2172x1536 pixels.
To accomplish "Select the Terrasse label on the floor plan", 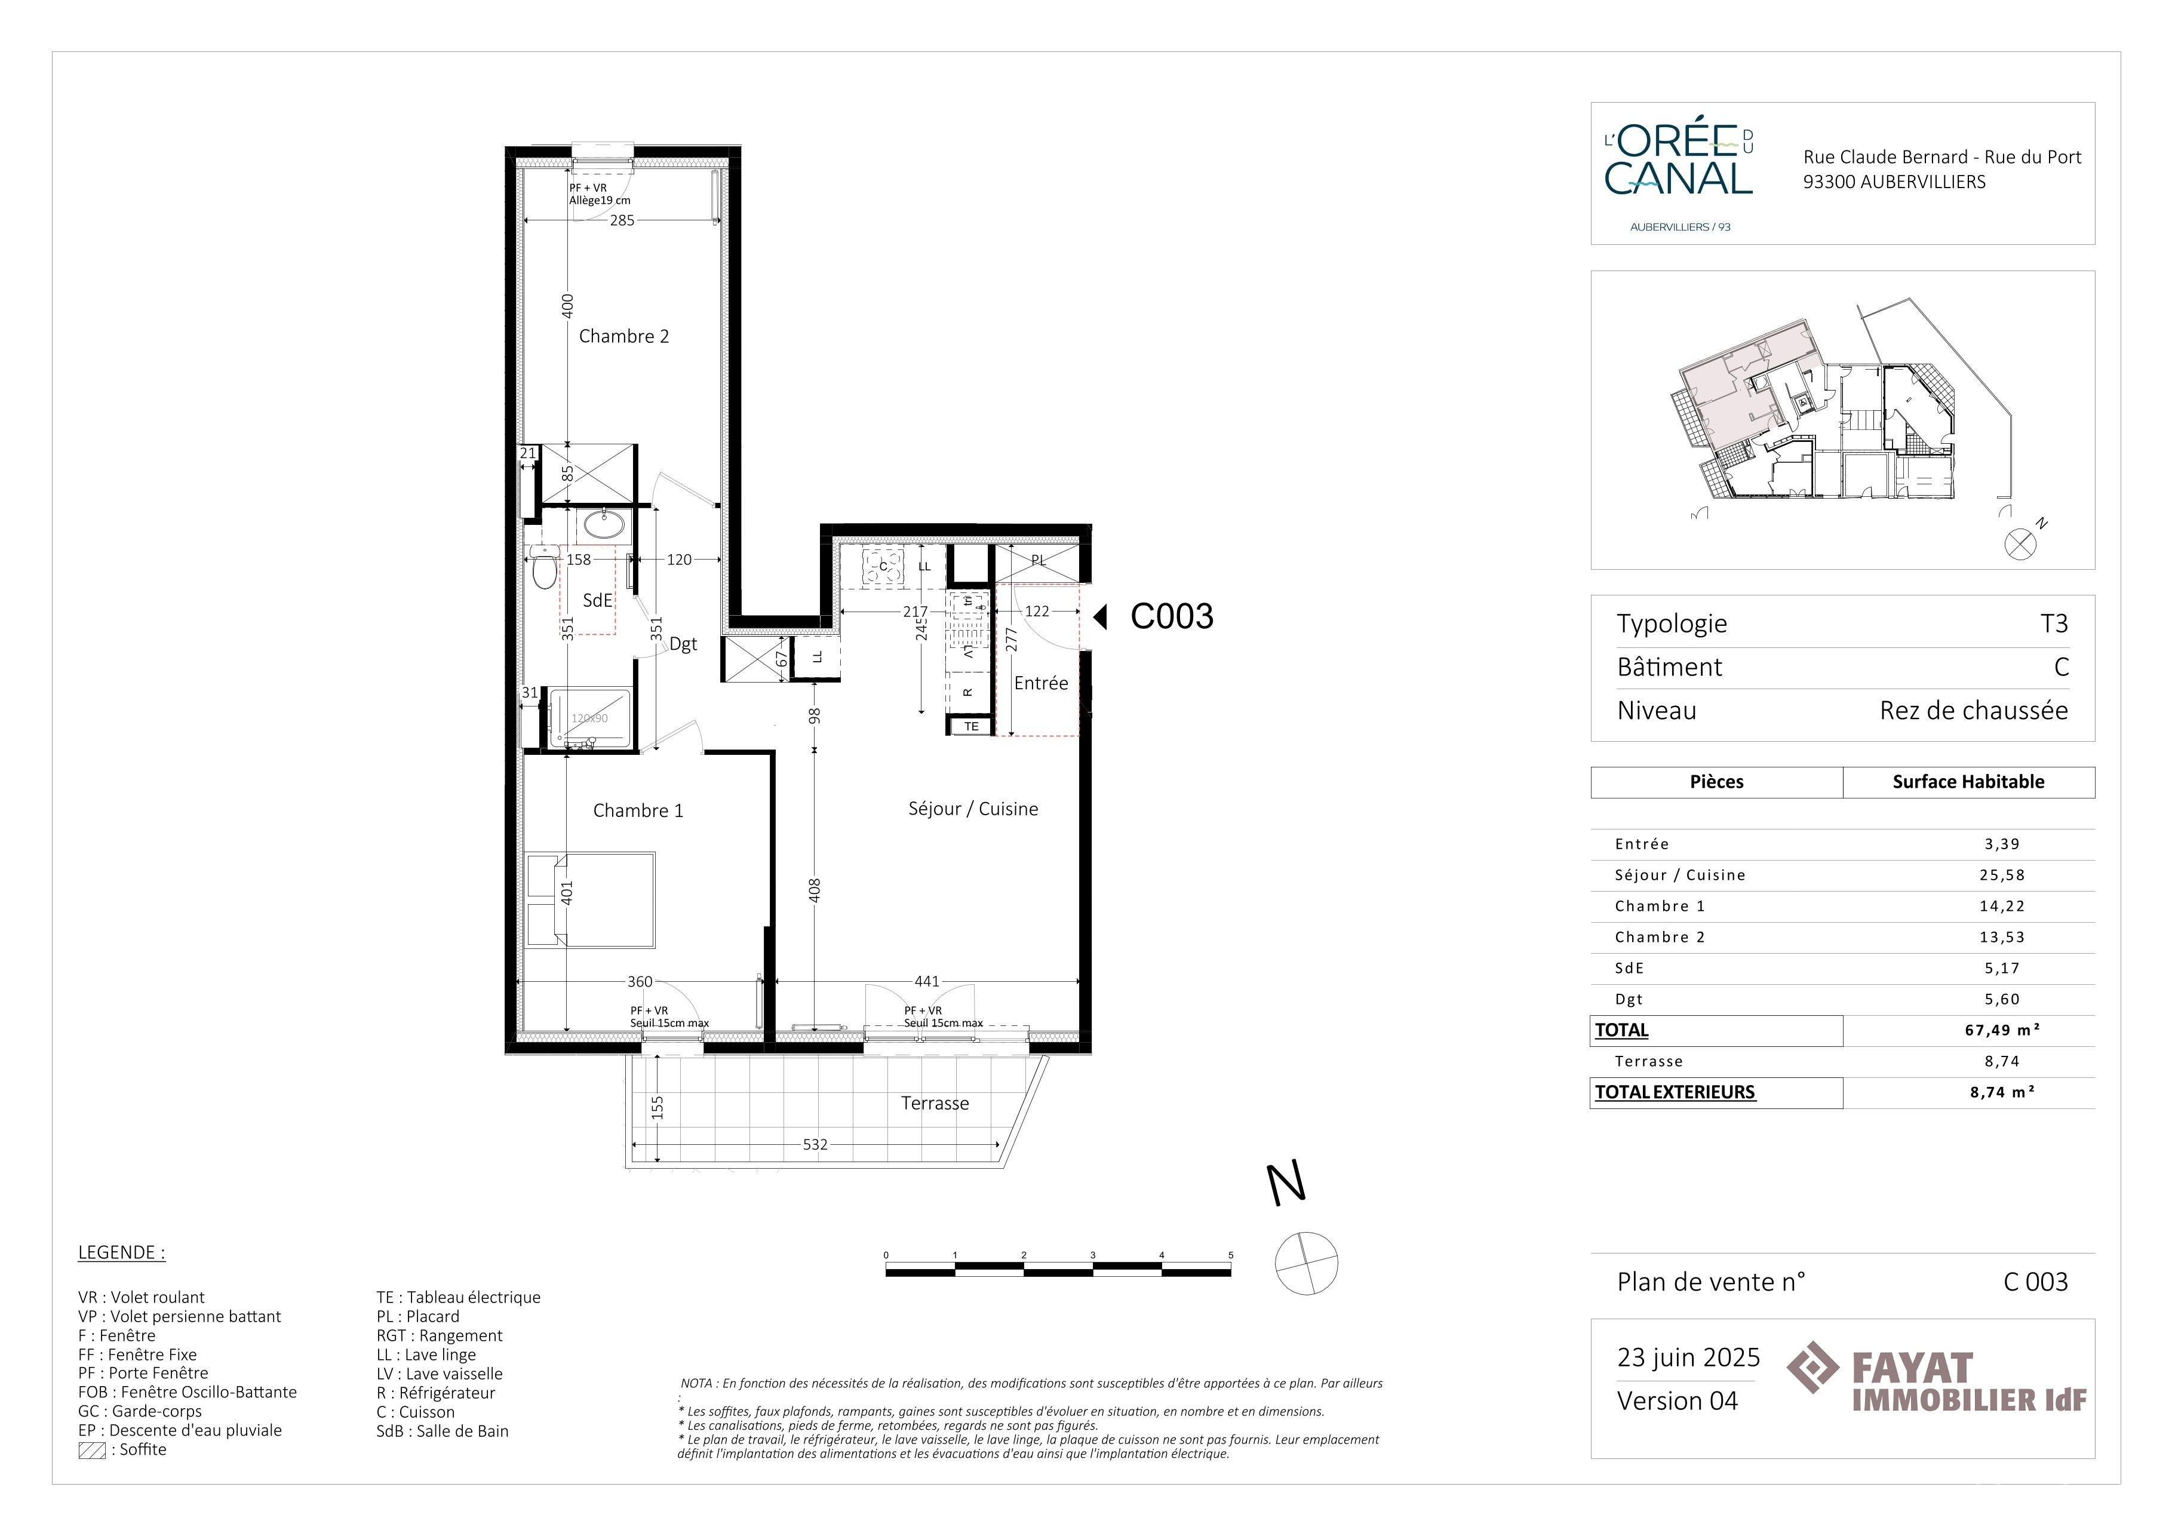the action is click(x=935, y=1103).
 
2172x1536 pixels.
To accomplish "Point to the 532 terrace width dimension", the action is click(x=815, y=1144).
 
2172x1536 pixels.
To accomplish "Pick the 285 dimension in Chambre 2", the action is click(x=622, y=220).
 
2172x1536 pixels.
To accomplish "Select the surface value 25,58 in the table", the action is click(x=2002, y=875).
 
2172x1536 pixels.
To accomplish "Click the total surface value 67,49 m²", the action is click(x=2002, y=1030).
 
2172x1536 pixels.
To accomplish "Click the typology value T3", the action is click(x=2054, y=623).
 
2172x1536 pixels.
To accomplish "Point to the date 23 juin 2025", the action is click(x=1689, y=1357).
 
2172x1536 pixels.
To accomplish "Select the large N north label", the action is click(x=1286, y=1184).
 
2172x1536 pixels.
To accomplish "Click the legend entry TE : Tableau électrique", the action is click(x=458, y=1298).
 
